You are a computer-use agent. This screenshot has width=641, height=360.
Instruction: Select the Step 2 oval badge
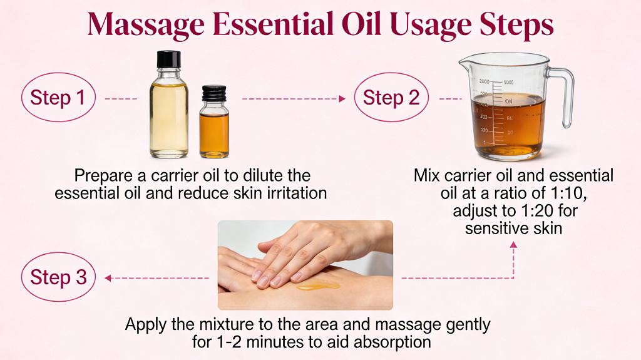(x=391, y=98)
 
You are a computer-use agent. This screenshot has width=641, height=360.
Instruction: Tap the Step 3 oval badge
(x=58, y=277)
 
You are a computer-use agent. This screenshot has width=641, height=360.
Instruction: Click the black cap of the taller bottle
(x=168, y=61)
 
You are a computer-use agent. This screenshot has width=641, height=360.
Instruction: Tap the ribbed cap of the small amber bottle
(x=213, y=94)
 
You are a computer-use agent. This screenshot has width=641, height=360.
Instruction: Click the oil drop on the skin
(x=318, y=285)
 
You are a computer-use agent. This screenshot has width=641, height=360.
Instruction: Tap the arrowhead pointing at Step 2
(x=342, y=99)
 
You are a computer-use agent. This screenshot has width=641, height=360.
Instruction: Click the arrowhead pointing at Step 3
(x=108, y=278)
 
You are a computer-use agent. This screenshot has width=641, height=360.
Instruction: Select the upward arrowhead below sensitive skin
(x=513, y=246)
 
